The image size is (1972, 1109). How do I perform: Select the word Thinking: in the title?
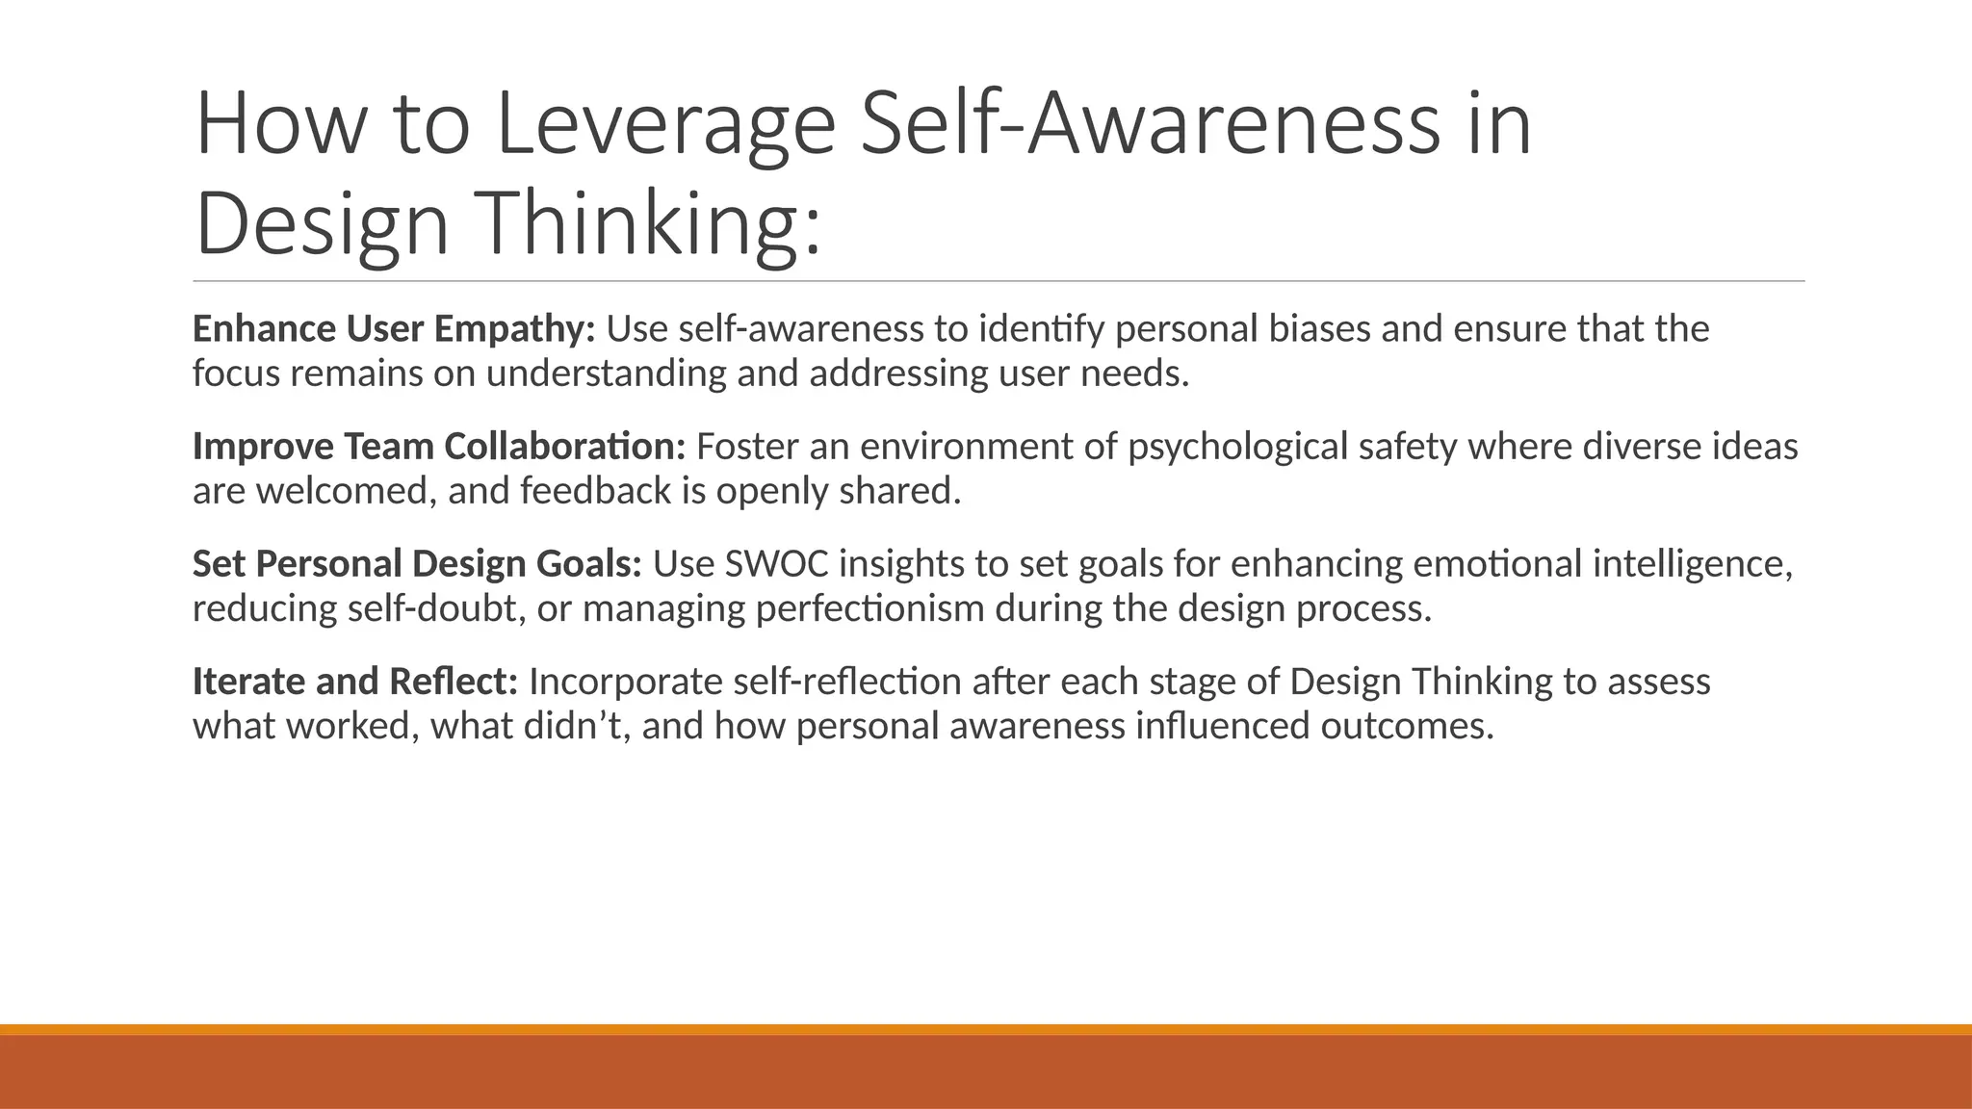click(x=650, y=223)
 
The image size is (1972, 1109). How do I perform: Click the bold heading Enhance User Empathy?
click(x=394, y=329)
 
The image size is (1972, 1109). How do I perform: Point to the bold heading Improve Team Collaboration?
click(x=438, y=447)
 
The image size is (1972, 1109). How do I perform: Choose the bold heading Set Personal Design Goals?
click(x=416, y=564)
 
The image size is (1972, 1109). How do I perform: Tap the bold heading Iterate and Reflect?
click(x=354, y=682)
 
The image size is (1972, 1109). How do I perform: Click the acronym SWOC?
click(x=775, y=564)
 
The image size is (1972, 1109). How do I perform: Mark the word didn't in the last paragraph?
click(x=576, y=726)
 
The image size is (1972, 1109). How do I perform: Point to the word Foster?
click(x=747, y=447)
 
